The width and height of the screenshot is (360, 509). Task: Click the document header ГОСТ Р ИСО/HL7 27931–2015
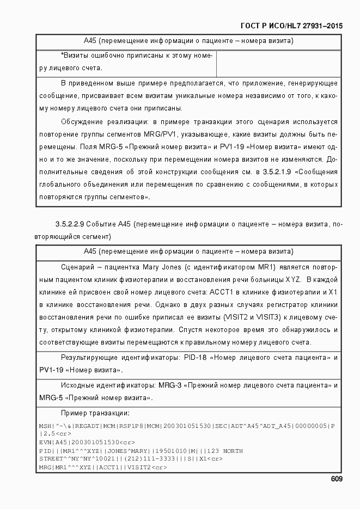(291, 26)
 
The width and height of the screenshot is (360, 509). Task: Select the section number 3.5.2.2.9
(69, 225)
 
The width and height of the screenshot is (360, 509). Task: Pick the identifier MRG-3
(170, 385)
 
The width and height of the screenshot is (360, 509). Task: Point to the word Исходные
(80, 385)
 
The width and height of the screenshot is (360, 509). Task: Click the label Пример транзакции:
(95, 413)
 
